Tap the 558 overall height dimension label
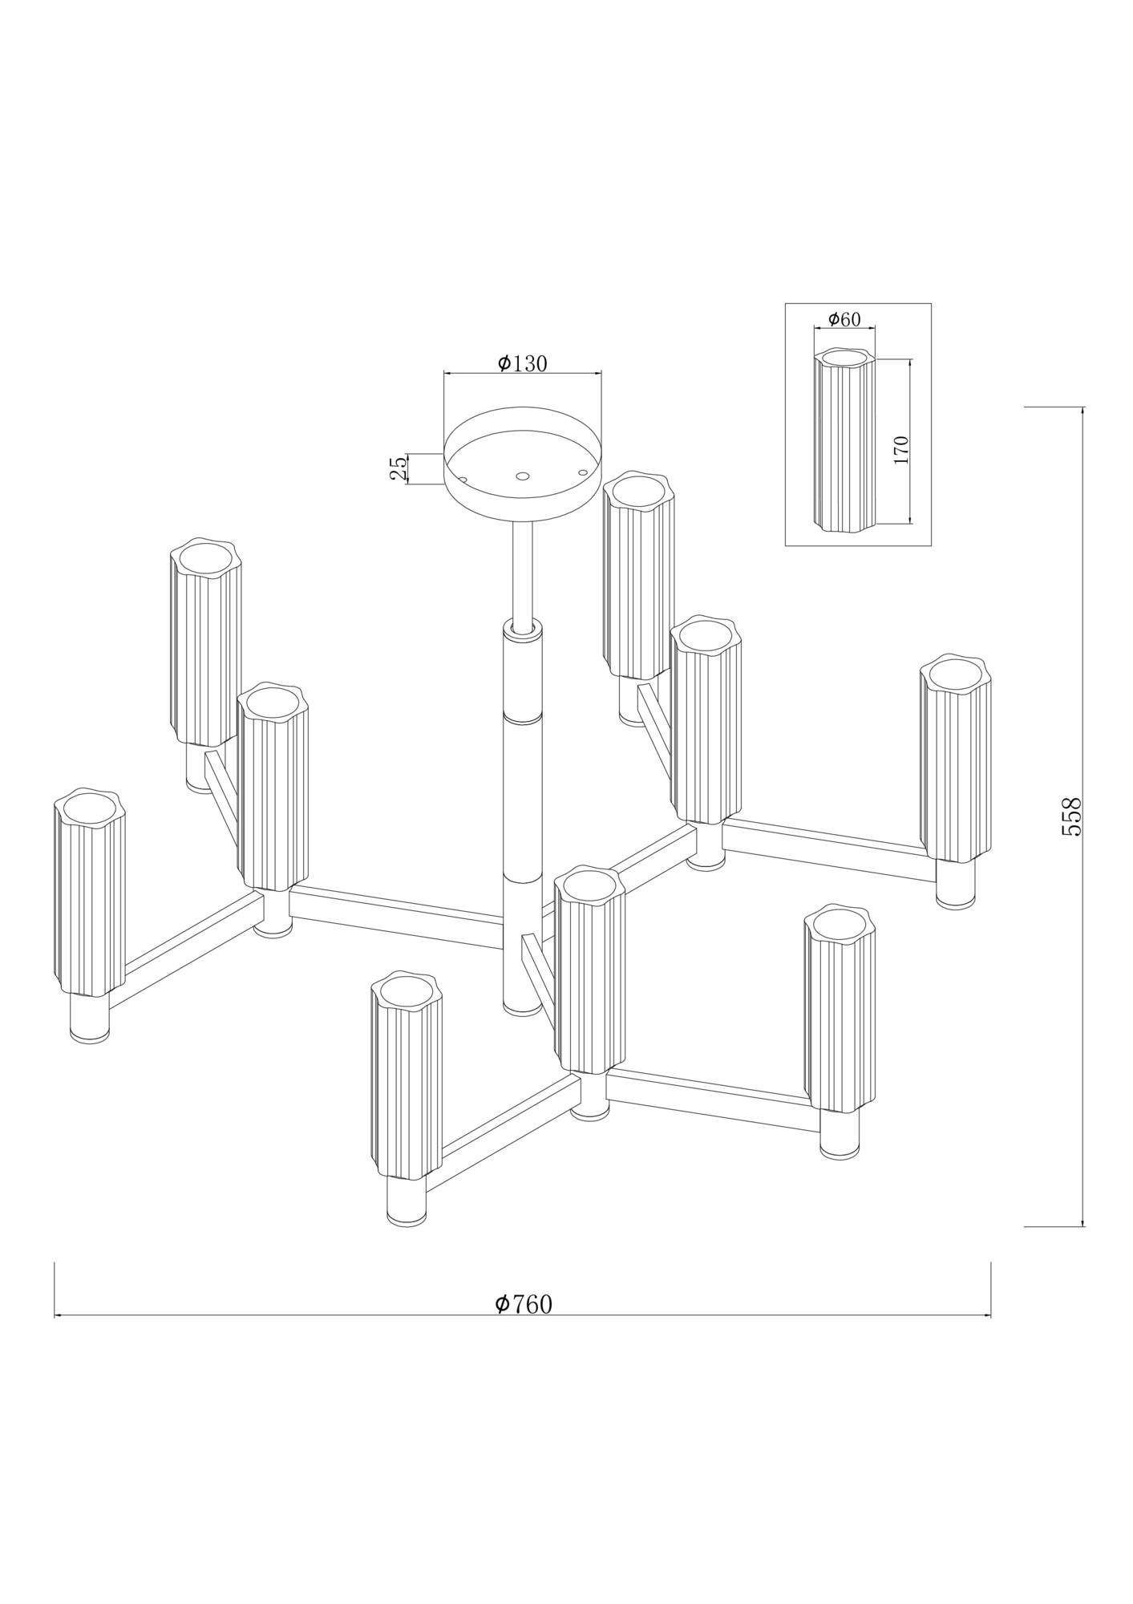[x=1071, y=816]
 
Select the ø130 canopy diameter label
[x=522, y=363]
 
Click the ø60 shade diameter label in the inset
[x=844, y=319]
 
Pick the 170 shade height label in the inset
[x=900, y=450]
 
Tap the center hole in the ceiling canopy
[x=522, y=476]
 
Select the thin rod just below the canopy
[x=522, y=569]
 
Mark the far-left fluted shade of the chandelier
[x=90, y=892]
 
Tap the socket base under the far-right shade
[x=955, y=885]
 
